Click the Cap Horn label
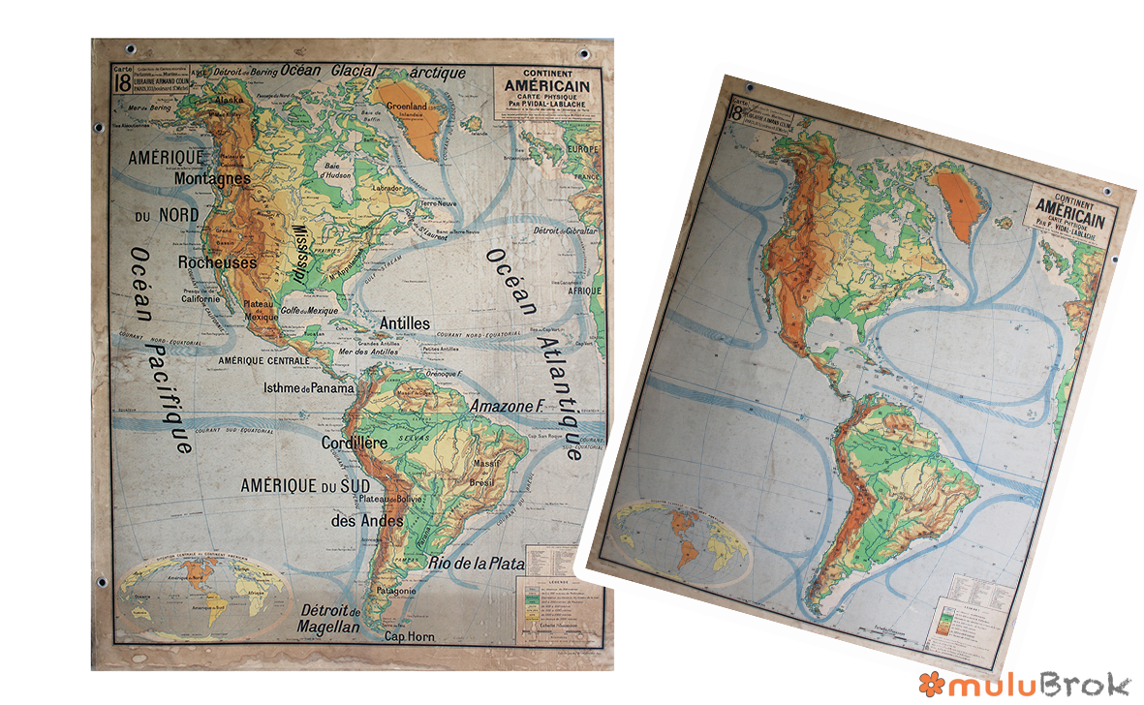(x=410, y=637)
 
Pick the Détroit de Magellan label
(x=330, y=619)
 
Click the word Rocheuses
(x=217, y=262)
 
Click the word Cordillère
(x=354, y=443)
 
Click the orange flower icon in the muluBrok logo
(x=930, y=685)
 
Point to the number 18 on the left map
(x=122, y=82)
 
